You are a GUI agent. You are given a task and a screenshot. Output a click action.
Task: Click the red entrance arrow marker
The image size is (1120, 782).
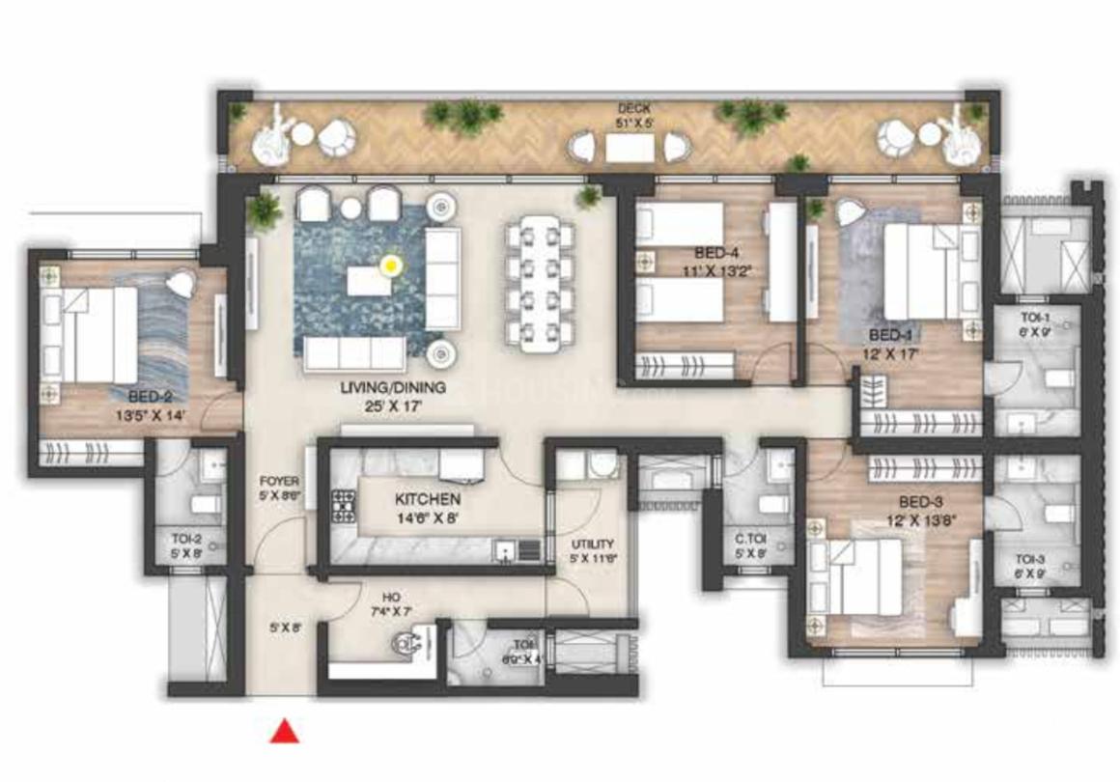283,732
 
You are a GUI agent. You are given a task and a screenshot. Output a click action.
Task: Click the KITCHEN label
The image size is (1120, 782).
427,500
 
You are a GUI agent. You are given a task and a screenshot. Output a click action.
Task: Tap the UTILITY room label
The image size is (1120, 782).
592,545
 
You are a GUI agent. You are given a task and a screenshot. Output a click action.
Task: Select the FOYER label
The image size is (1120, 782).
279,481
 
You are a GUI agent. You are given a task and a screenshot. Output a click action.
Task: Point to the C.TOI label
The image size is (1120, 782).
749,541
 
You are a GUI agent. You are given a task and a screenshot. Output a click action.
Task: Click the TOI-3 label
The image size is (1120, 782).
1029,559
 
